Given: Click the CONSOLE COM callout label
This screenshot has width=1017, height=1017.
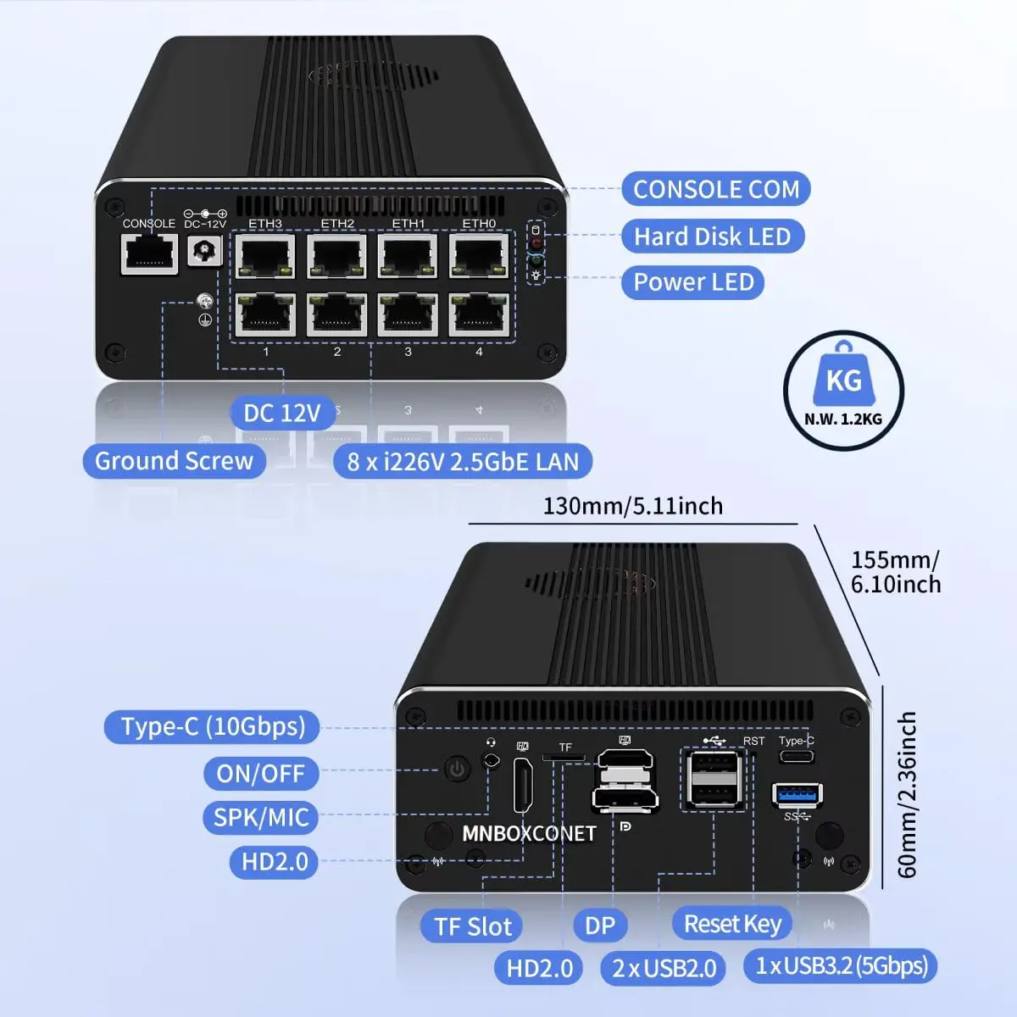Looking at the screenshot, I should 716,189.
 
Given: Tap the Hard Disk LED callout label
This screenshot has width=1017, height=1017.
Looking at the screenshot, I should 712,236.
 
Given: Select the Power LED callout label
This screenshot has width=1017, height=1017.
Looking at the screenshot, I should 693,282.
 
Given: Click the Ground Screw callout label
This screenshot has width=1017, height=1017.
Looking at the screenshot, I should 174,461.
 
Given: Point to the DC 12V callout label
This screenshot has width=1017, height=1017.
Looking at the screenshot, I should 282,413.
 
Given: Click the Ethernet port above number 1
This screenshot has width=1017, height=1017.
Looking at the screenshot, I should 265,315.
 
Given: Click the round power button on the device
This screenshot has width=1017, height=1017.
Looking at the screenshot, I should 458,770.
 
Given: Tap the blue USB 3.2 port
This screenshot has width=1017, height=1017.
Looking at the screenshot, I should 797,795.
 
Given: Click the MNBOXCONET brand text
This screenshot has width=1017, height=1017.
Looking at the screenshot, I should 529,833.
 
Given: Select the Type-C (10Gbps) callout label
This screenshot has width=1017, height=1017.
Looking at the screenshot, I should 213,726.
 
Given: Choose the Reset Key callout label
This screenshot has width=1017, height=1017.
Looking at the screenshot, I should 732,924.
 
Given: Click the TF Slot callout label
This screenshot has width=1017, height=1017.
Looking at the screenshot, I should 473,926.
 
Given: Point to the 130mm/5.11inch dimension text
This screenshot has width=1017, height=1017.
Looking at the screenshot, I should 632,506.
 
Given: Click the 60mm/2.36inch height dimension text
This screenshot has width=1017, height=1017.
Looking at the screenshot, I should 906,794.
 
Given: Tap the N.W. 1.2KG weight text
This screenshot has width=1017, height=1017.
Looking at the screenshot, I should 843,419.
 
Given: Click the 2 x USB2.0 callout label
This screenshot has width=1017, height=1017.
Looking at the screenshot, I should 664,968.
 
